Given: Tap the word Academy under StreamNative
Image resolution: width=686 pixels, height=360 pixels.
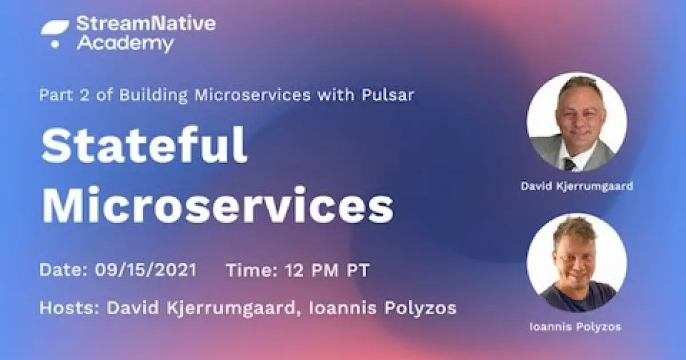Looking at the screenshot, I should click(125, 43).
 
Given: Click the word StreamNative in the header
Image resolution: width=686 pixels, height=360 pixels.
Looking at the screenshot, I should click(146, 24).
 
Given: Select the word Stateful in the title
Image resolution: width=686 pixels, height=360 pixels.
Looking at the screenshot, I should click(144, 146).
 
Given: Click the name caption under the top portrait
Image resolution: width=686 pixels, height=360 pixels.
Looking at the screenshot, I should click(577, 186).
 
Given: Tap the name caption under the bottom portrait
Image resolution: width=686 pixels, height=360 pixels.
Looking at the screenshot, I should click(577, 327).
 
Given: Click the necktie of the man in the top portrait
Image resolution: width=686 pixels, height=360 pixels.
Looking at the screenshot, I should click(569, 165).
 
